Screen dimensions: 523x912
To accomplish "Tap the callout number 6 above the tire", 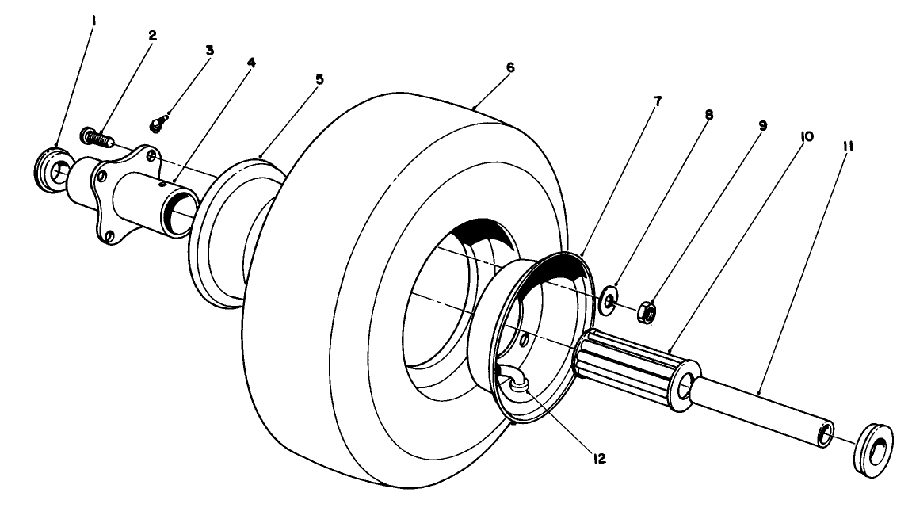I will coord(510,67).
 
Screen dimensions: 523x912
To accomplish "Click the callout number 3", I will coord(209,50).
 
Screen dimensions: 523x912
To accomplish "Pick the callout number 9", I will coord(762,125).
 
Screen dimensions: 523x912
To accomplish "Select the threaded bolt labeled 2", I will coord(97,137).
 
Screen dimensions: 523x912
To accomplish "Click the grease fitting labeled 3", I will coord(158,124).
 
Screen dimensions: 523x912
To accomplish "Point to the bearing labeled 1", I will coord(52,166).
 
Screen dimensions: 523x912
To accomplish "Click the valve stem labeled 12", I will coord(517,383).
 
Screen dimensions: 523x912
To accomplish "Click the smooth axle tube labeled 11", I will coord(761,408).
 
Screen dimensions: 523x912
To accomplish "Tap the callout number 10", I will coord(807,136).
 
